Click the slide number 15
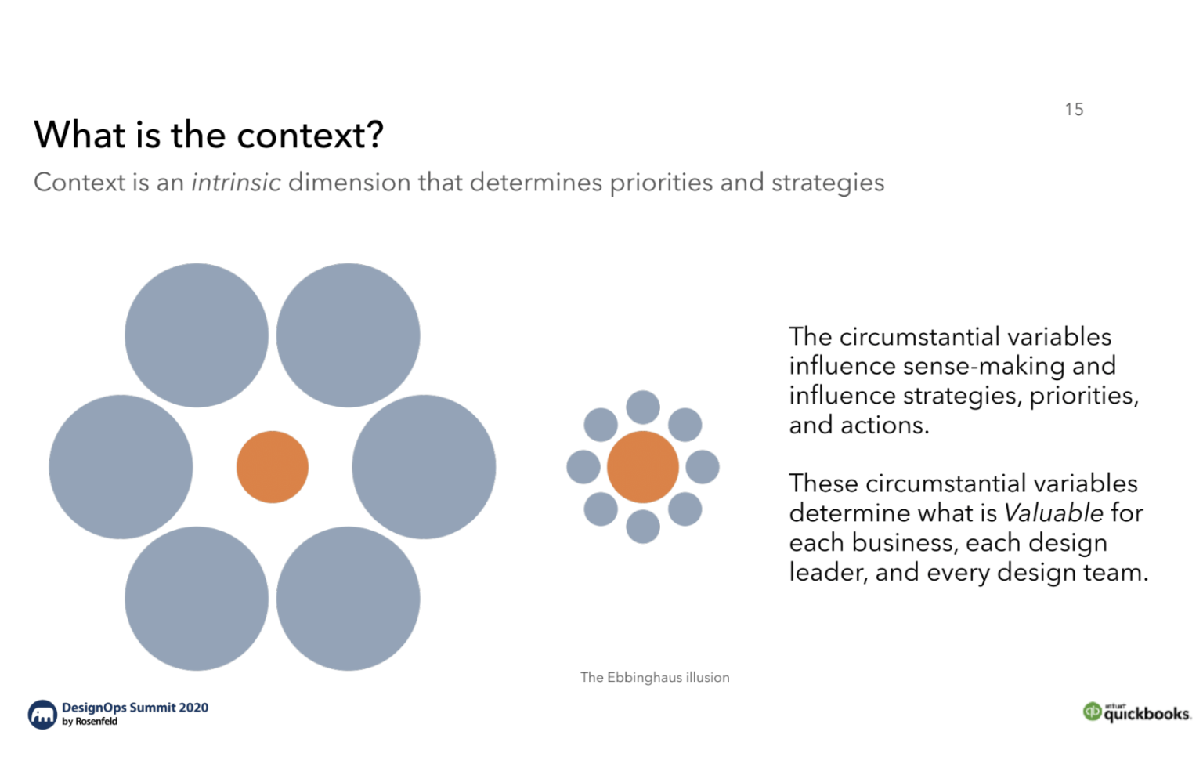coord(1074,110)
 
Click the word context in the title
coord(302,136)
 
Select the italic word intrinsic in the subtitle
coord(236,183)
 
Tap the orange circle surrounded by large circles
coord(273,467)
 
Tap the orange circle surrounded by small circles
coord(643,467)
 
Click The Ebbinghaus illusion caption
coord(655,677)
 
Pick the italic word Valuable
coord(1053,513)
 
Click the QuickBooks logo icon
coord(1092,712)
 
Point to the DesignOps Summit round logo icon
coord(42,714)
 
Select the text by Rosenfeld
coord(90,722)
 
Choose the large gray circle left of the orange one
coord(121,467)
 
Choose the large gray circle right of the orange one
coord(424,467)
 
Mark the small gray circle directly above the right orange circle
coord(643,407)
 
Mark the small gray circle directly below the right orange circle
coord(643,527)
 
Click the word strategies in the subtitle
coord(828,183)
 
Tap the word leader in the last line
coord(828,573)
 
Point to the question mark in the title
coord(375,136)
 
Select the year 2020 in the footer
coord(193,708)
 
